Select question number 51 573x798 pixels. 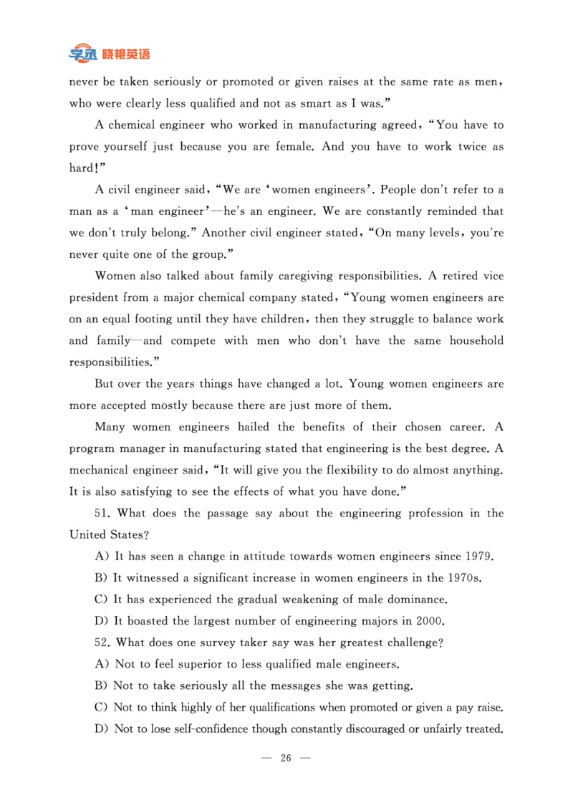pos(102,514)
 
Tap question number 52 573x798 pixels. pos(102,643)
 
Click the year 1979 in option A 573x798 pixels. pos(479,557)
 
